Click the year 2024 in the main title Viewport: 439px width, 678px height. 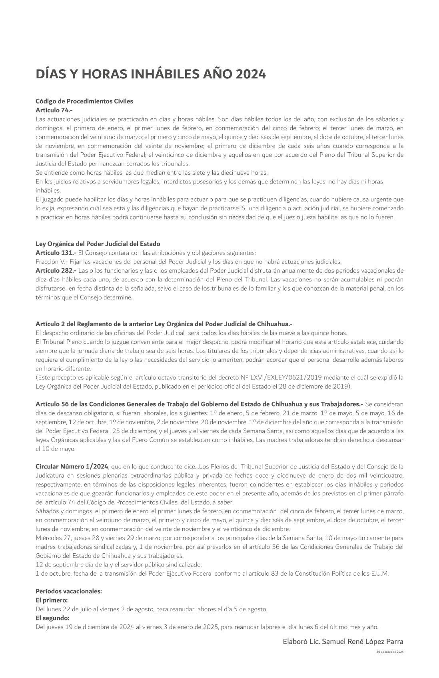pos(250,74)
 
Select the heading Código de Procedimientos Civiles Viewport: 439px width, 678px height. pos(84,101)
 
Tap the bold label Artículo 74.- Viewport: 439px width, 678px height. pos(54,110)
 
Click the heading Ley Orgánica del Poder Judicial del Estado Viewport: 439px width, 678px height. pos(98,243)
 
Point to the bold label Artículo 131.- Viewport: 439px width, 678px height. pos(56,253)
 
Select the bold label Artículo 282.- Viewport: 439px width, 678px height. pos(56,271)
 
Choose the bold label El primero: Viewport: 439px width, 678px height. pos(52,600)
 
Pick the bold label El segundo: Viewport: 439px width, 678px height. pos(52,618)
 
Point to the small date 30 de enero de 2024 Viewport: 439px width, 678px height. pos(390,652)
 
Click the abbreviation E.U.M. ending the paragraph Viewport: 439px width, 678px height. pos(379,573)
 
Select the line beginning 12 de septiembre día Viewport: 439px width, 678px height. pos(119,564)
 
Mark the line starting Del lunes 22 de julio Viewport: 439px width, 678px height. pos(151,609)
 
